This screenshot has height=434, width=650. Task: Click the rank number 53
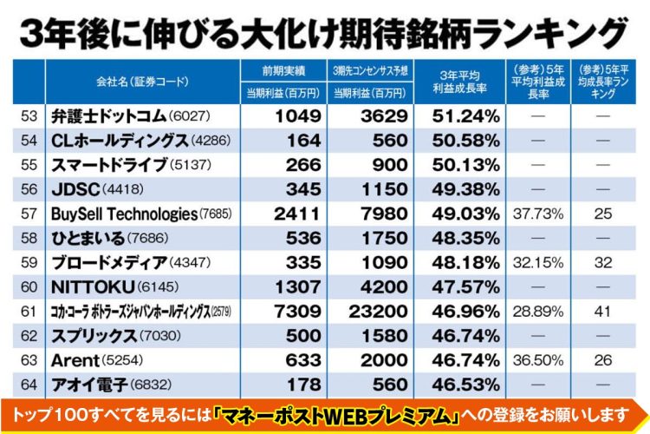click(27, 115)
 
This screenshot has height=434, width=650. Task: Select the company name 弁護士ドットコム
click(107, 115)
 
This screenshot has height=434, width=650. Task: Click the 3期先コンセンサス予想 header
click(371, 69)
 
